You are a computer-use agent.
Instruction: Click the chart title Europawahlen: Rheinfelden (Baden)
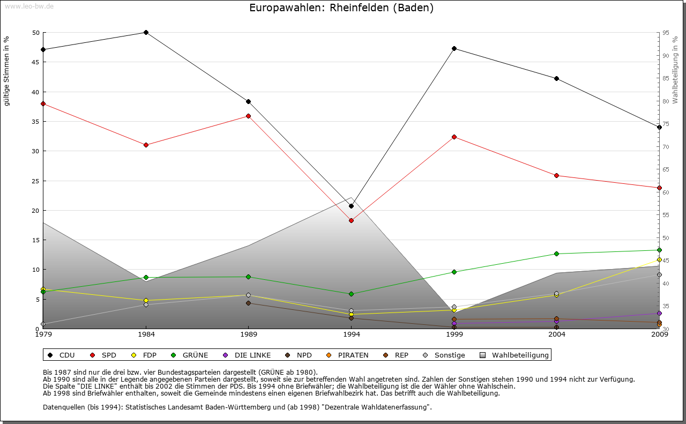341,8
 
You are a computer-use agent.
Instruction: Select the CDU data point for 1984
146,32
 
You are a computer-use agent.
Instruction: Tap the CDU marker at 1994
352,206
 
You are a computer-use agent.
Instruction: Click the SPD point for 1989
249,116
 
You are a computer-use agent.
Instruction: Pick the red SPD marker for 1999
454,137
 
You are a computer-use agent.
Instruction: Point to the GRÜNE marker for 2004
557,254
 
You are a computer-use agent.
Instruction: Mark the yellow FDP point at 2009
659,260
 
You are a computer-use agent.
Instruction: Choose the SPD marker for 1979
43,103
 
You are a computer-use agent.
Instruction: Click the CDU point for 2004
557,78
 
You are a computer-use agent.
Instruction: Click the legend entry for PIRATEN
348,355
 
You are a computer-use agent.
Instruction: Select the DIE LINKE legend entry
247,355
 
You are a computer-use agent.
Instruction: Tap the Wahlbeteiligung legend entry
514,355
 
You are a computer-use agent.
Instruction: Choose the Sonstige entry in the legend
444,355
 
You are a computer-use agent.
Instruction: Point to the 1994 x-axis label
352,334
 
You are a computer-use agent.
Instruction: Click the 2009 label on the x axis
659,334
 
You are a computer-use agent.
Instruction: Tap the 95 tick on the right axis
665,33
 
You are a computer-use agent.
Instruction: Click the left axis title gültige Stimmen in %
7,71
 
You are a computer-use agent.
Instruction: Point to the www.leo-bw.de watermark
29,6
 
